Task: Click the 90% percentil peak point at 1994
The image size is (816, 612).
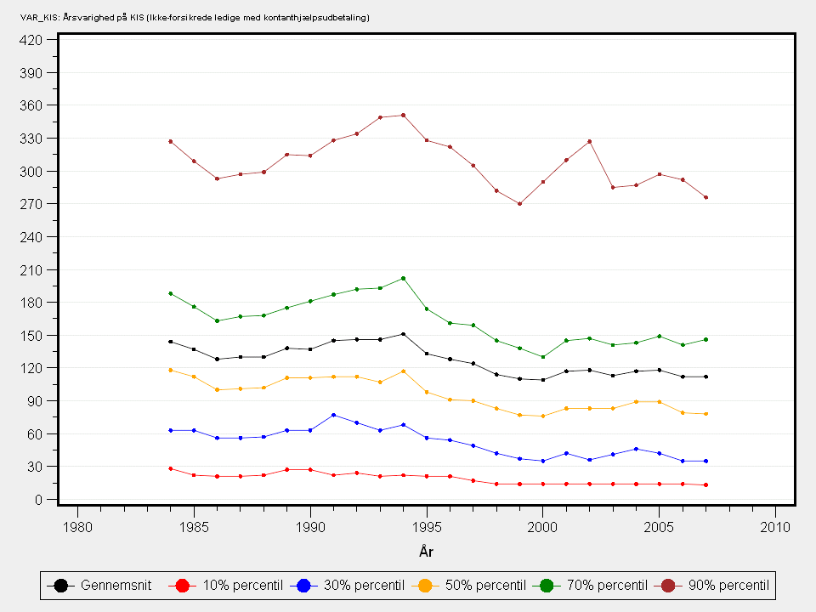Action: coord(403,115)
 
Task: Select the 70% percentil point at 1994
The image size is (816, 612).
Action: coord(403,278)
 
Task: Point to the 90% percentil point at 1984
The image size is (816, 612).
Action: coord(170,141)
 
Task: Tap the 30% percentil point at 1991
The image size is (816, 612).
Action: coord(333,415)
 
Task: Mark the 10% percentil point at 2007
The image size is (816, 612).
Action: coord(705,484)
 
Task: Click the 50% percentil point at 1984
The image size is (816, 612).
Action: coord(170,370)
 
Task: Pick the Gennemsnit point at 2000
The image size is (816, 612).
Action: coord(543,379)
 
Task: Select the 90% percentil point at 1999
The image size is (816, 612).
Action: coord(519,203)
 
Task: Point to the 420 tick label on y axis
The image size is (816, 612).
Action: coord(31,39)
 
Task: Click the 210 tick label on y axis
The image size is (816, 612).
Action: coord(31,269)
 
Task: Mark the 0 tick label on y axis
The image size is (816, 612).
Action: coord(39,500)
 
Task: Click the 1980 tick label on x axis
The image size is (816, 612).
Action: coord(77,527)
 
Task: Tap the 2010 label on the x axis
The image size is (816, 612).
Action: coord(775,527)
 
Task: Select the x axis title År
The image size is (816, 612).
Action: coord(426,552)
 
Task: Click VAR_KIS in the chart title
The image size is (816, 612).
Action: coord(37,17)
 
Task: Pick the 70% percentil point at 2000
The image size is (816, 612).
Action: coord(543,357)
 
